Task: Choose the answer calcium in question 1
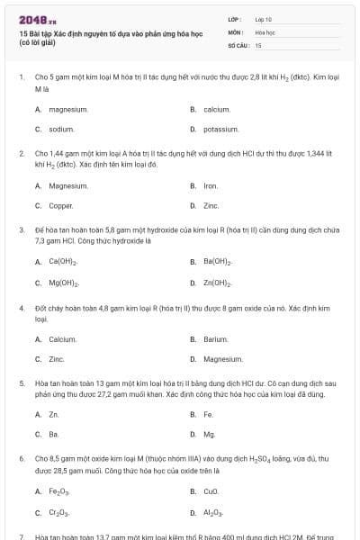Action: pyautogui.click(x=217, y=109)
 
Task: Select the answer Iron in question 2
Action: pyautogui.click(x=211, y=186)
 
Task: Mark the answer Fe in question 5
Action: pyautogui.click(x=208, y=415)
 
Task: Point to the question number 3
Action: pyautogui.click(x=22, y=230)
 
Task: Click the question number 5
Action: pyautogui.click(x=22, y=382)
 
